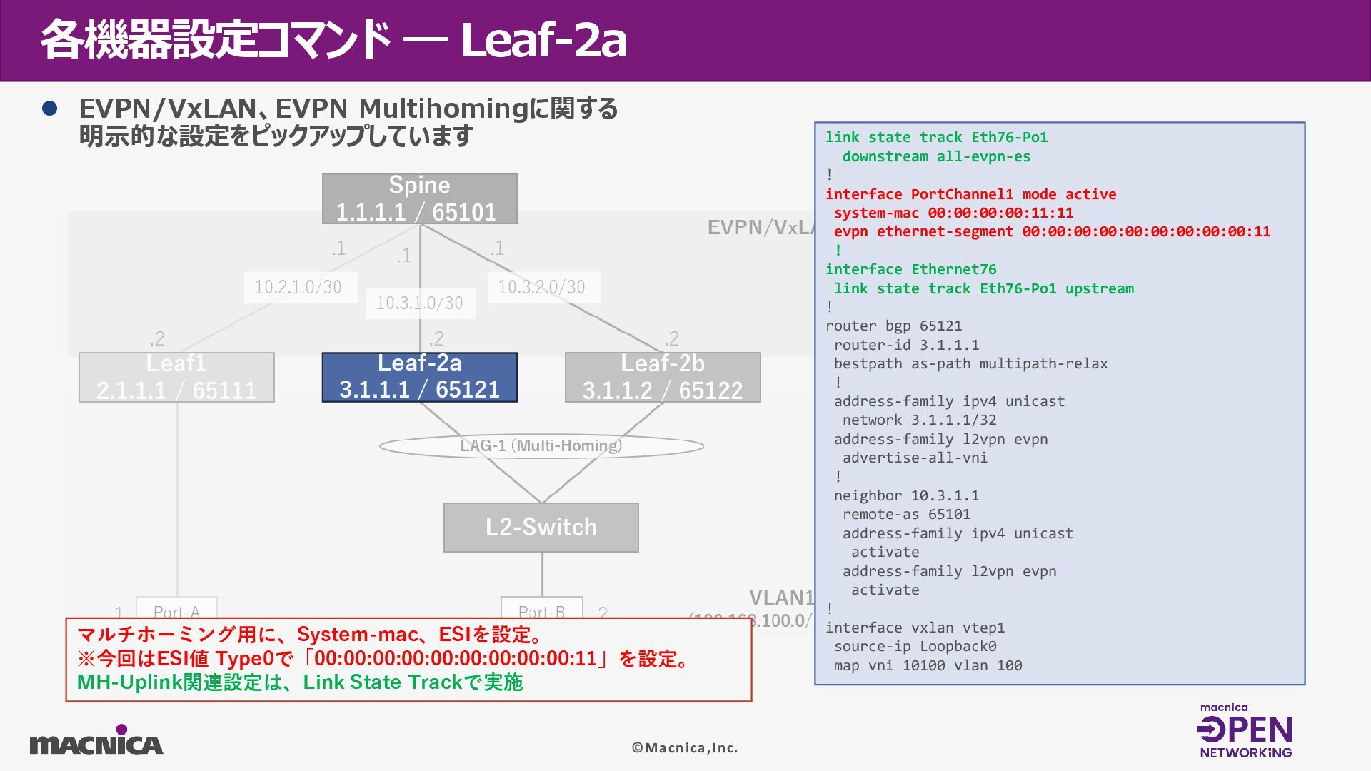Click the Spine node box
click(419, 199)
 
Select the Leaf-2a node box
click(419, 377)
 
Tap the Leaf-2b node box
click(663, 377)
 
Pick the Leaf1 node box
click(176, 377)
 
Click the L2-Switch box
click(541, 528)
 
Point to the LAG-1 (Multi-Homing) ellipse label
click(541, 446)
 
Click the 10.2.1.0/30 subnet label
click(298, 287)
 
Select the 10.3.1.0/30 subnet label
click(420, 303)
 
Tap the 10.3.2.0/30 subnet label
click(542, 287)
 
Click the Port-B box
click(541, 608)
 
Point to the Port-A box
click(176, 608)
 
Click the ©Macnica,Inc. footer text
click(685, 748)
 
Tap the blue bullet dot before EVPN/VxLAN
click(49, 109)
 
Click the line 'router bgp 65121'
click(893, 326)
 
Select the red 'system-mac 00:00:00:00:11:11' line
click(953, 213)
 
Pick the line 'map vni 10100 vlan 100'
click(928, 666)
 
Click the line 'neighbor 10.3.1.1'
click(906, 495)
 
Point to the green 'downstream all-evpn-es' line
click(936, 156)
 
